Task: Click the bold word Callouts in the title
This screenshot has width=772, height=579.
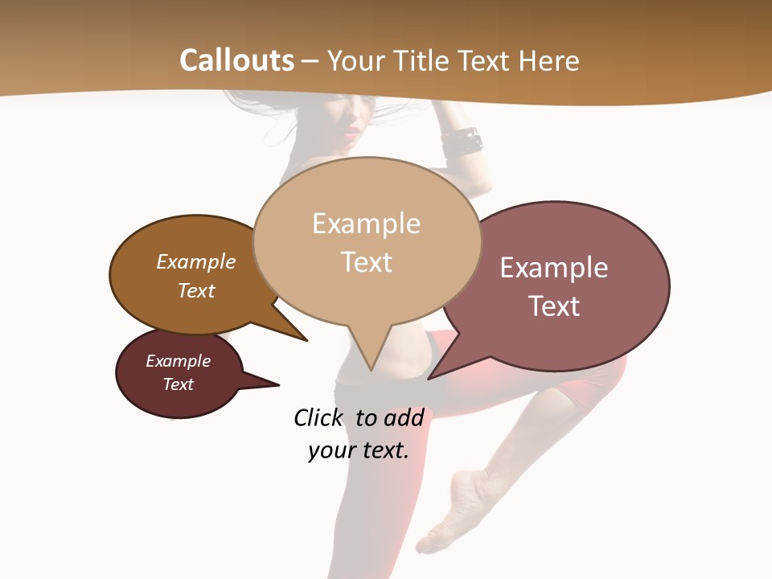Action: (x=236, y=60)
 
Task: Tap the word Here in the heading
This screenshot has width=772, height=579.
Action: (x=548, y=60)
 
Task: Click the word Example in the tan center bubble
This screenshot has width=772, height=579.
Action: (x=366, y=224)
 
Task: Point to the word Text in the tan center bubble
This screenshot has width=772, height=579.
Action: (x=366, y=261)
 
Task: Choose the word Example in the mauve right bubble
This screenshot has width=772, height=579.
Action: (x=554, y=268)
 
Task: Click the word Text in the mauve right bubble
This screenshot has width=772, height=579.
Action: (x=554, y=306)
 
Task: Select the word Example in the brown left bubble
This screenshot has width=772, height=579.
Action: (x=196, y=261)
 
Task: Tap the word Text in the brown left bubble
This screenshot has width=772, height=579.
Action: (x=196, y=290)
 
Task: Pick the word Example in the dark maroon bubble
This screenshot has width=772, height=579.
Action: (x=179, y=361)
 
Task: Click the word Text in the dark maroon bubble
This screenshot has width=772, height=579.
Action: (x=179, y=384)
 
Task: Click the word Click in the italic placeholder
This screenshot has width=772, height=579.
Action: (x=318, y=417)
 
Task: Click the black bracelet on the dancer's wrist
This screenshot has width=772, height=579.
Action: (x=462, y=142)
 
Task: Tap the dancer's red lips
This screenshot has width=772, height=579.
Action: (x=351, y=133)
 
